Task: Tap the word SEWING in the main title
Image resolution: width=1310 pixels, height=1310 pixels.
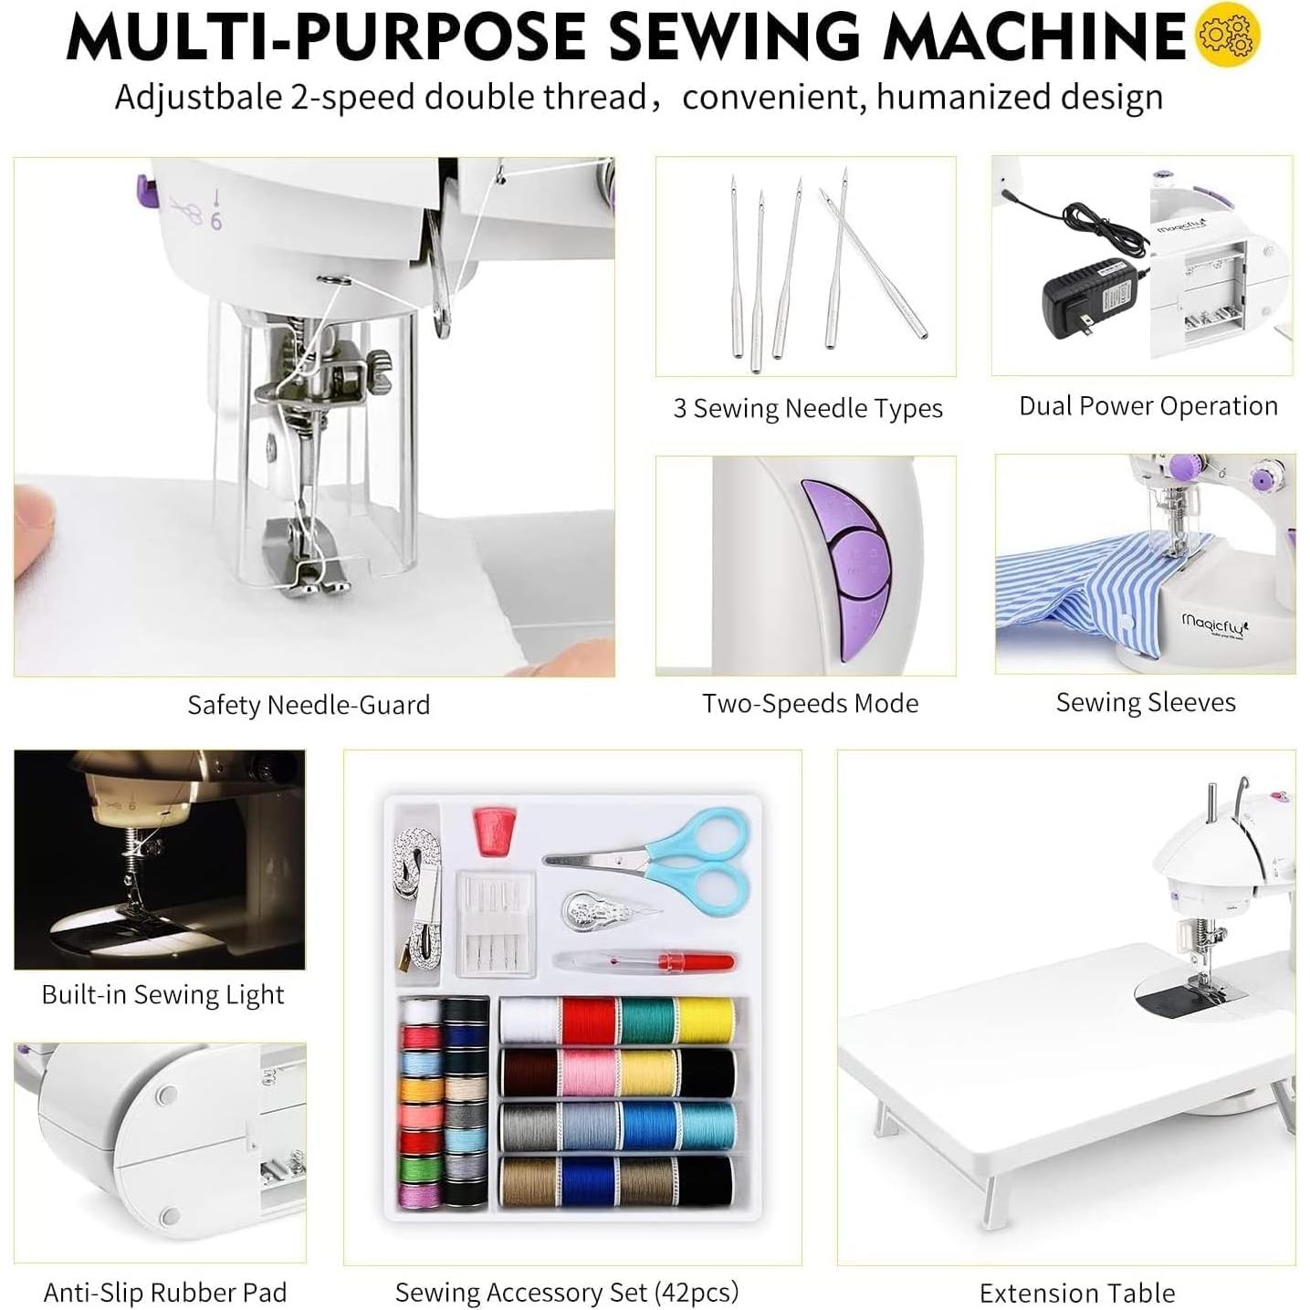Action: pos(735,37)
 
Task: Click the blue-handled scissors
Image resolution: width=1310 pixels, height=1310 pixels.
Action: pos(676,853)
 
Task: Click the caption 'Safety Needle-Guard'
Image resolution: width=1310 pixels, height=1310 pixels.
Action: pos(309,705)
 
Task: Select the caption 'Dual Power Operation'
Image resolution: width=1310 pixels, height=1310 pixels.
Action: pos(1148,406)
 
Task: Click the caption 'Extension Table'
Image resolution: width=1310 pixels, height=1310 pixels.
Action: pos(1076,1293)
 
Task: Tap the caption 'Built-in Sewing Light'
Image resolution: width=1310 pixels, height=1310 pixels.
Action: pos(162,994)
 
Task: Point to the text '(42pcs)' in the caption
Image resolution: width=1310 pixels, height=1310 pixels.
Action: pos(697,1293)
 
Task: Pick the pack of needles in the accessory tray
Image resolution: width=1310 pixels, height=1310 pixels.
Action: pos(494,922)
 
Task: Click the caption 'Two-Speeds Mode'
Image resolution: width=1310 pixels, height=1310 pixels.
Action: pos(810,704)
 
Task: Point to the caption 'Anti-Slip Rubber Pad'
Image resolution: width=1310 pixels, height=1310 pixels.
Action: pos(165,1293)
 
